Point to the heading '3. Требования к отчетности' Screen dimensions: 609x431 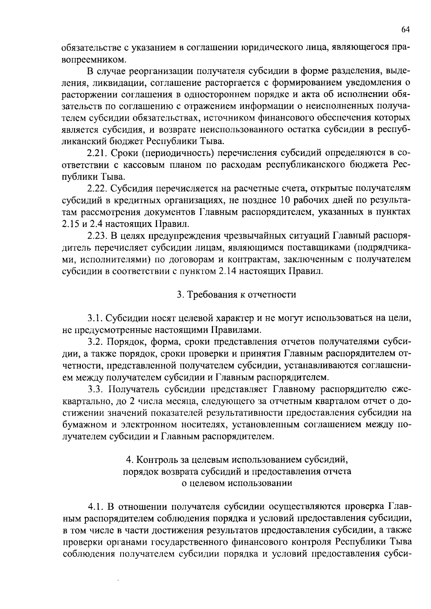tap(237, 295)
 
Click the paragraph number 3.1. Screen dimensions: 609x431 tap(94, 318)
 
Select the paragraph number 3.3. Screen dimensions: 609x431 tap(94, 389)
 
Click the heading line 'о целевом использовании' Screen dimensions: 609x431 tap(237, 483)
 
